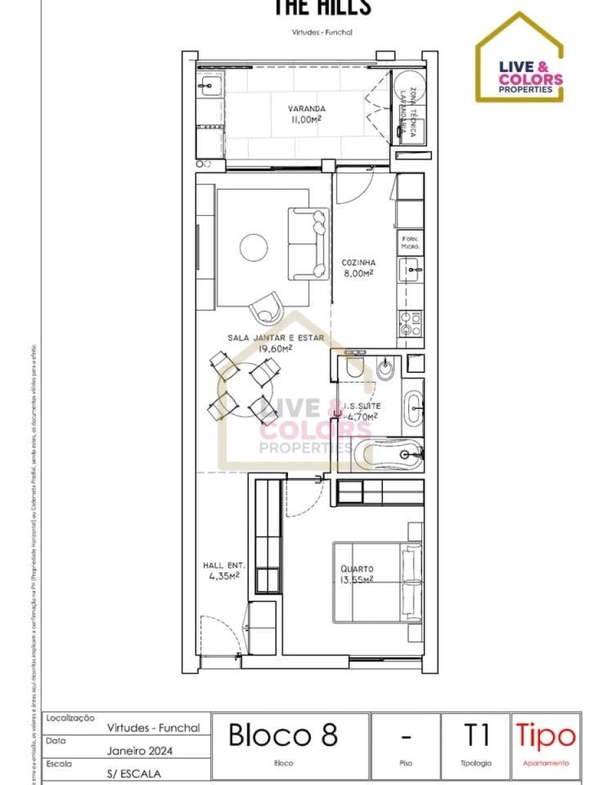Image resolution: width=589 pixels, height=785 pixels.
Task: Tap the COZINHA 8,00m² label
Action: click(357, 268)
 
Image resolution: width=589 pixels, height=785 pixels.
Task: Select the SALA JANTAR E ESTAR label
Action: click(275, 343)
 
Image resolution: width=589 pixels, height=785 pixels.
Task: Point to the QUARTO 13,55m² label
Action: click(357, 573)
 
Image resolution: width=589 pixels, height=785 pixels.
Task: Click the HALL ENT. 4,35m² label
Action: click(223, 570)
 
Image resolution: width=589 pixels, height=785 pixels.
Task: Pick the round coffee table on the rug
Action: click(253, 247)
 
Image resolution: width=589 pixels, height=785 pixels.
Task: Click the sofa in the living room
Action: click(308, 243)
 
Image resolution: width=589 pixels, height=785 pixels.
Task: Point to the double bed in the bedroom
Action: click(376, 582)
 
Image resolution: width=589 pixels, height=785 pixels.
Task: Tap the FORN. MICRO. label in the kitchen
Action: click(410, 243)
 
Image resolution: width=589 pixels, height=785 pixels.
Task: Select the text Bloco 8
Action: click(283, 735)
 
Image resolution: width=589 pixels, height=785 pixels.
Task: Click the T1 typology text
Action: click(476, 735)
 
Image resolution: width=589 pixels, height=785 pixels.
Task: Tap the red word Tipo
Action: click(546, 736)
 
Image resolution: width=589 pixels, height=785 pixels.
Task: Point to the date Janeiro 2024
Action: click(139, 751)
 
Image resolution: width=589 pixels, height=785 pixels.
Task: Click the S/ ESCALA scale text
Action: click(134, 773)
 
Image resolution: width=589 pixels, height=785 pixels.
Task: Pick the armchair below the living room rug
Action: click(267, 306)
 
